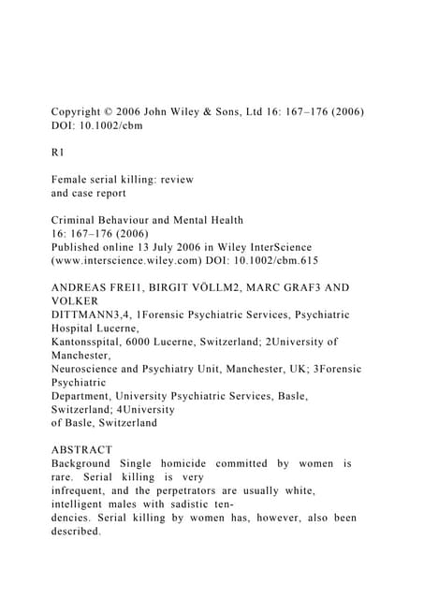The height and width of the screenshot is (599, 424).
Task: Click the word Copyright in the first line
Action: coord(82,112)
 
